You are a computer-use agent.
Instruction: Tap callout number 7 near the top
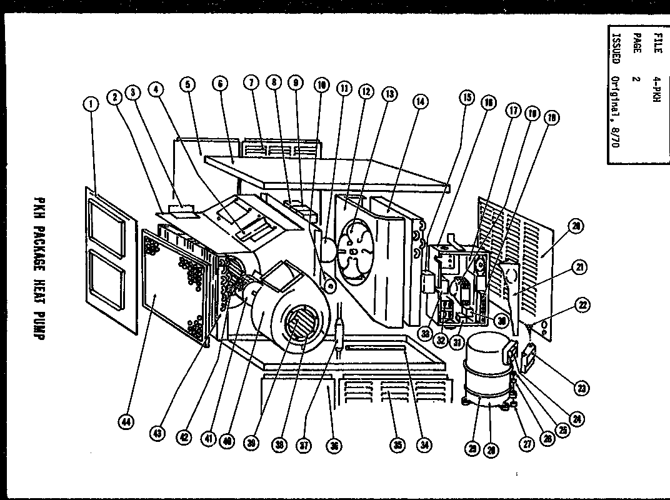pos(251,82)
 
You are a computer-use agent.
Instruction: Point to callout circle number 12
pos(366,91)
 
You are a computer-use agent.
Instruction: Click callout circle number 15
pos(466,97)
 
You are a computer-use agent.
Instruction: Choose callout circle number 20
pos(577,226)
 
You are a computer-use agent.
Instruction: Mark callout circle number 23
pos(582,389)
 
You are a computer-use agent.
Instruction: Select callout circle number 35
pos(397,445)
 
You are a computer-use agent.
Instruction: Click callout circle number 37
pos(305,445)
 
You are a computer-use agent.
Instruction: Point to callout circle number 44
pos(127,423)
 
